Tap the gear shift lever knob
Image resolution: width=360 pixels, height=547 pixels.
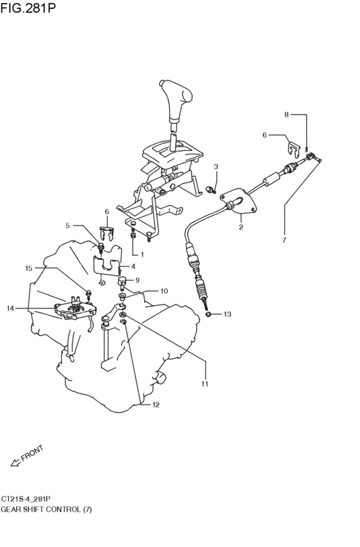pos(176,100)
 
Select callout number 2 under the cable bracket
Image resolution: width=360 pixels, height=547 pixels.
pos(241,227)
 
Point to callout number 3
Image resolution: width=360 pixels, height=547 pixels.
pos(216,167)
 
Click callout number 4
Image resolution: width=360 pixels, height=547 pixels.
pos(133,266)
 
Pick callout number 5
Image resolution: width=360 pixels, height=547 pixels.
pos(67,226)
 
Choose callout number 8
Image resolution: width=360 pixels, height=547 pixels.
pos(287,114)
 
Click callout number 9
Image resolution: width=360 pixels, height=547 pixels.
pos(137,280)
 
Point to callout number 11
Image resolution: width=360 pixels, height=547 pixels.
pos(205,384)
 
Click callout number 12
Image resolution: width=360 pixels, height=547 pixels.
pos(156,405)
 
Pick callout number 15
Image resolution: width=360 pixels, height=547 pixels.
pos(28,268)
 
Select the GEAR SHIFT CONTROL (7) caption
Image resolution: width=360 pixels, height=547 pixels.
pos(46,508)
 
